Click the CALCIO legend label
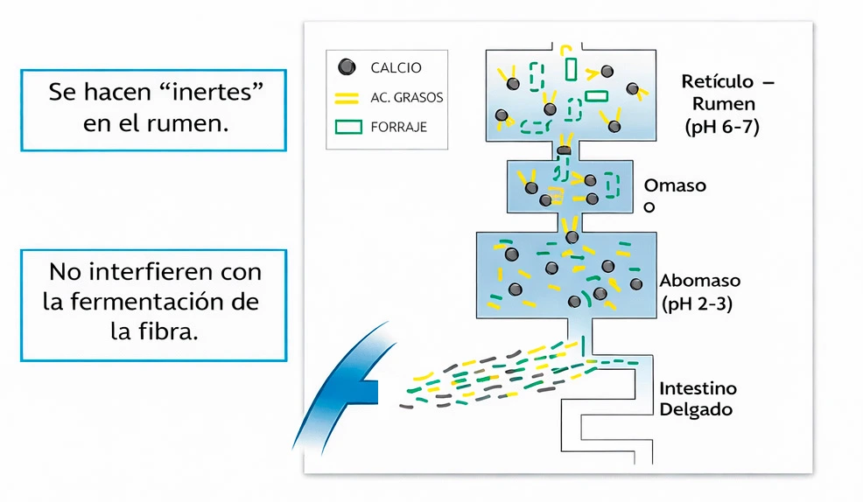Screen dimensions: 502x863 (396, 67)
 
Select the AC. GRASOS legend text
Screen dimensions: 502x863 (406, 97)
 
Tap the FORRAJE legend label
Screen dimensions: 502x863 (398, 127)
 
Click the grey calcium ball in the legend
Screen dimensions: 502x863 (347, 66)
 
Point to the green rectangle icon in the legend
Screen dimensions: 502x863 (348, 127)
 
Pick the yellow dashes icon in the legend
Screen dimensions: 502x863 (347, 97)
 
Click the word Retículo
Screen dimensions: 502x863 (717, 81)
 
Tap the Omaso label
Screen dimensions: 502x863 (674, 185)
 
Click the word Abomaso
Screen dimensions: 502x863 (699, 282)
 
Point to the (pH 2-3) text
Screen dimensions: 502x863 (697, 304)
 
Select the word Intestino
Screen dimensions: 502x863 (698, 387)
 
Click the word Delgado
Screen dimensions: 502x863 (696, 409)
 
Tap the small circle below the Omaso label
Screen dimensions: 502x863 (649, 207)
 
